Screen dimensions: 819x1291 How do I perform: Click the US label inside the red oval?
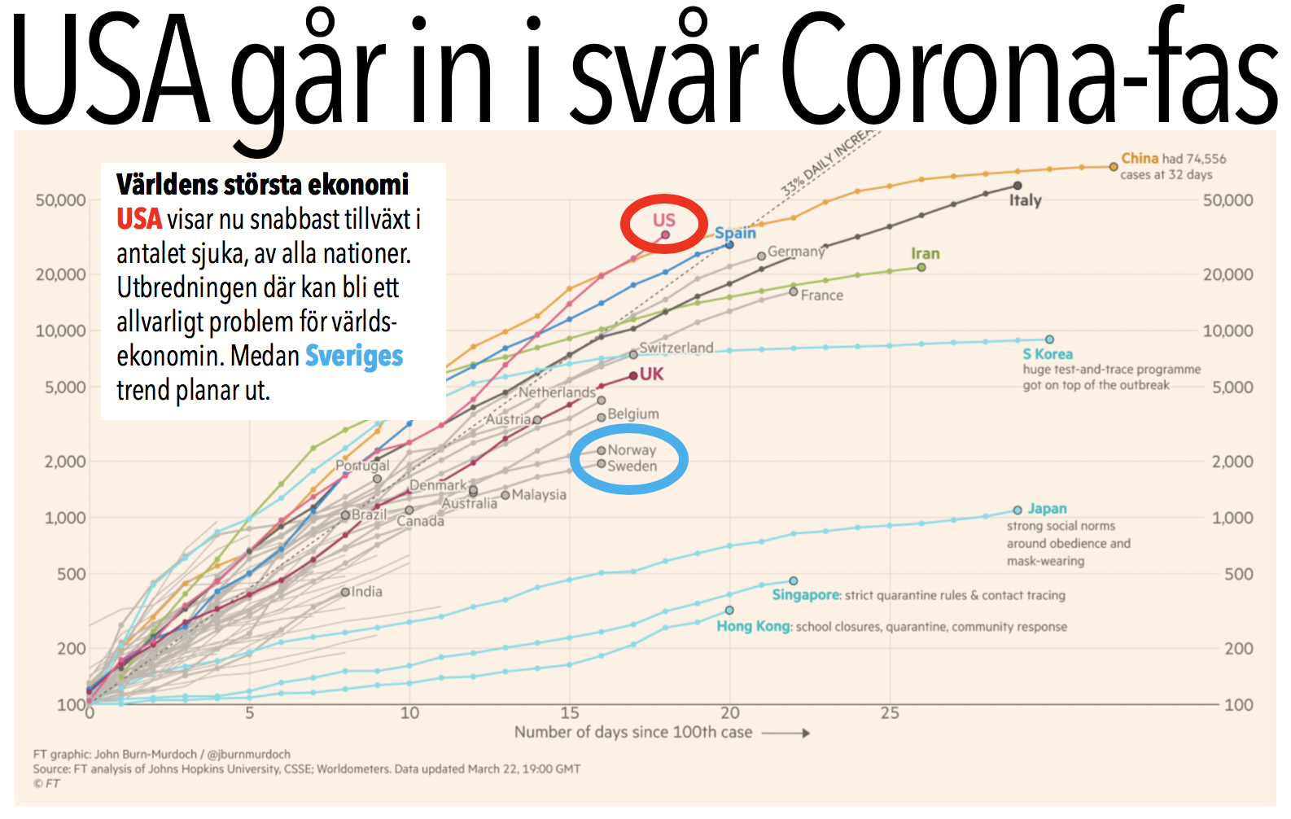663,220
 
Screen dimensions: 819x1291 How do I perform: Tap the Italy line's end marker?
1017,186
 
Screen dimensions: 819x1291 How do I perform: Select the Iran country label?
925,254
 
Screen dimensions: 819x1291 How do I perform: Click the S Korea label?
1047,354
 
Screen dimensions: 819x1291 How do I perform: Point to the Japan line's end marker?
1017,510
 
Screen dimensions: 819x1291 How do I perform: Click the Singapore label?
805,595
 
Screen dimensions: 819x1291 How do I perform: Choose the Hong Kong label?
753,626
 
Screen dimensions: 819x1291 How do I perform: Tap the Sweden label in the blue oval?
632,466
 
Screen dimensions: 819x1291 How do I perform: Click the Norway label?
632,450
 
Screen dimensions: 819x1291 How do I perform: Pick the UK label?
651,374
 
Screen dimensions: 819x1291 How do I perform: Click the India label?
366,592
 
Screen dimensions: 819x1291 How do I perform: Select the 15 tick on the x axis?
570,713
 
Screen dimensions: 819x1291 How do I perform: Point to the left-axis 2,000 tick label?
65,462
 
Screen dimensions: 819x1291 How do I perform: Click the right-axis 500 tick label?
1238,575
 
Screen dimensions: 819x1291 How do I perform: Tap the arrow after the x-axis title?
786,733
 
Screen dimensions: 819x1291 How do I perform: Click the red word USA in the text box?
139,219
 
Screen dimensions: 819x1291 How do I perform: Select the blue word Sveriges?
354,356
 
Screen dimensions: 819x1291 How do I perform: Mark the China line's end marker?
1114,167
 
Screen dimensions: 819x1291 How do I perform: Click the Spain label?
735,233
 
